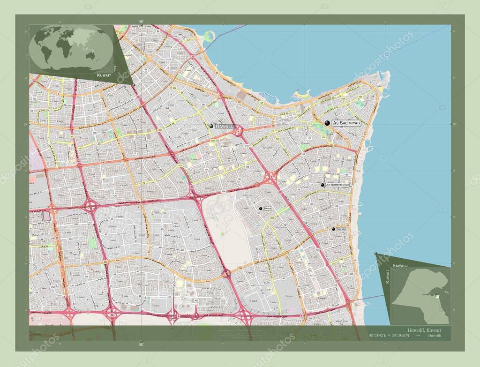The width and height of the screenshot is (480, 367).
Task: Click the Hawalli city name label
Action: point(225,127)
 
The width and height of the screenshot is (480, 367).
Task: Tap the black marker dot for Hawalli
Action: point(211,126)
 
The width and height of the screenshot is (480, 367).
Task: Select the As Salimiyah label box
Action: point(346,123)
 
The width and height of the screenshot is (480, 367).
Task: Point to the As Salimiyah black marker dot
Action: point(327,123)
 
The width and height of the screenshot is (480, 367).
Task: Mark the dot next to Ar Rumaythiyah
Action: point(322,185)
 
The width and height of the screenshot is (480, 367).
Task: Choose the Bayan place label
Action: point(268,209)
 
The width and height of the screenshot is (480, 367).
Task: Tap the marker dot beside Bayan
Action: point(260,208)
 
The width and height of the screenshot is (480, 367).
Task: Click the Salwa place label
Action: point(341,229)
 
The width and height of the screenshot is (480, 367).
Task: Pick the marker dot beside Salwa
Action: point(333,229)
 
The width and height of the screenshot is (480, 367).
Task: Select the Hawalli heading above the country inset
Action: point(402,266)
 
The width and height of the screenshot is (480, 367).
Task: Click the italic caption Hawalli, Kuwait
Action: point(424,330)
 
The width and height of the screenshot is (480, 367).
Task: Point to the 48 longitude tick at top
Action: point(141,21)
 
